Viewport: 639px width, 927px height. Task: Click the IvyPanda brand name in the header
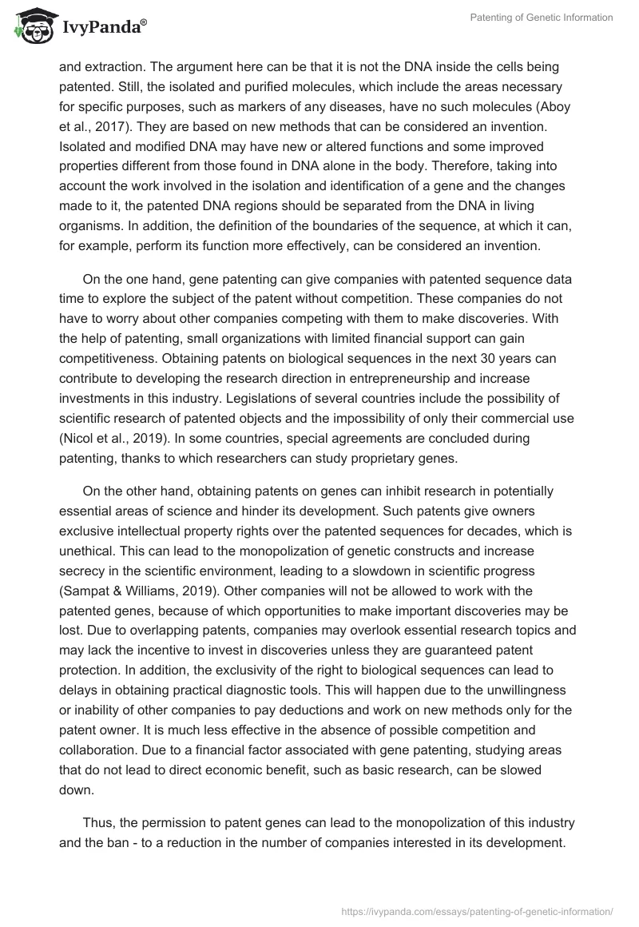pos(100,30)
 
